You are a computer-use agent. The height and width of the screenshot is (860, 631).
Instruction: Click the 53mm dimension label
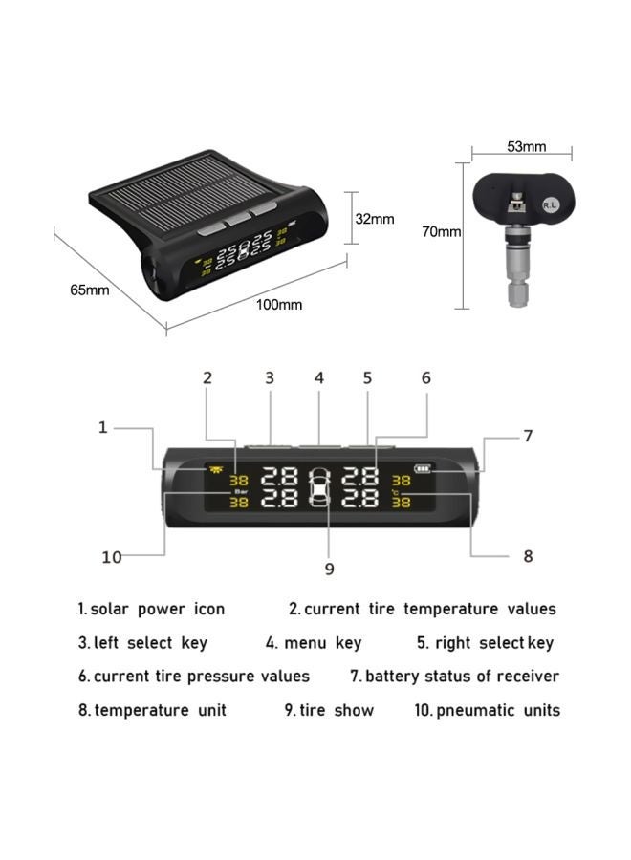(x=527, y=146)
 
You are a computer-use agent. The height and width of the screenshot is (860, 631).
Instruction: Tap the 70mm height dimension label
(x=442, y=231)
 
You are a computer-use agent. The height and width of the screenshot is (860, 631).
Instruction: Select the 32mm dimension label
(x=375, y=219)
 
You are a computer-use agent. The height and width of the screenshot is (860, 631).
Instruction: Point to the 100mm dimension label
(x=278, y=304)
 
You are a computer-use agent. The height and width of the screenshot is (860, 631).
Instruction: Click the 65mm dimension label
(x=89, y=290)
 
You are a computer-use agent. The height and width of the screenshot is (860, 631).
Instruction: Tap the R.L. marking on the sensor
(x=550, y=204)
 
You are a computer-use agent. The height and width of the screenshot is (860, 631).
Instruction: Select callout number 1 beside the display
(x=103, y=427)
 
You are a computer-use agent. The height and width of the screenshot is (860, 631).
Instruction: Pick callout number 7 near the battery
(x=527, y=436)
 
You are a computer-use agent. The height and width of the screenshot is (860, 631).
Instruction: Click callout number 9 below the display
(x=329, y=569)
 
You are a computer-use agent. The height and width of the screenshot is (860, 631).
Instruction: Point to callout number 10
(x=112, y=556)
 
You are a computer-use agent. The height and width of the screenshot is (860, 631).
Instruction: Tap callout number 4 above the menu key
(x=319, y=378)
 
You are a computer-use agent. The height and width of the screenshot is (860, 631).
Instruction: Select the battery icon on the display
(x=423, y=469)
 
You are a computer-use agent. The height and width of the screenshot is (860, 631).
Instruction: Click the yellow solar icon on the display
(x=208, y=469)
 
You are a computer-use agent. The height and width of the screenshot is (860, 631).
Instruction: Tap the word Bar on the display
(x=239, y=490)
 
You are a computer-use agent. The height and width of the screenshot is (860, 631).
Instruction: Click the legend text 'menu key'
(x=322, y=643)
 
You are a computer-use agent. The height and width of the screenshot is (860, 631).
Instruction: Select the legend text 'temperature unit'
(x=160, y=710)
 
